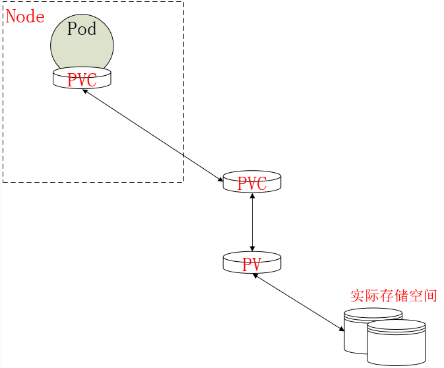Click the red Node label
pyautogui.click(x=25, y=16)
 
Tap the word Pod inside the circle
pyautogui.click(x=82, y=29)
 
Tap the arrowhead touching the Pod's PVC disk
pyautogui.click(x=85, y=91)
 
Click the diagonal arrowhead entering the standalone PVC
pyautogui.click(x=220, y=179)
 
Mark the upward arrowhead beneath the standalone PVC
pyautogui.click(x=252, y=196)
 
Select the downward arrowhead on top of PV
pyautogui.click(x=252, y=249)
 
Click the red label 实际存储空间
pyautogui.click(x=394, y=295)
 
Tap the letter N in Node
pyautogui.click(x=11, y=16)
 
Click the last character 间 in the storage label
pyautogui.click(x=430, y=295)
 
